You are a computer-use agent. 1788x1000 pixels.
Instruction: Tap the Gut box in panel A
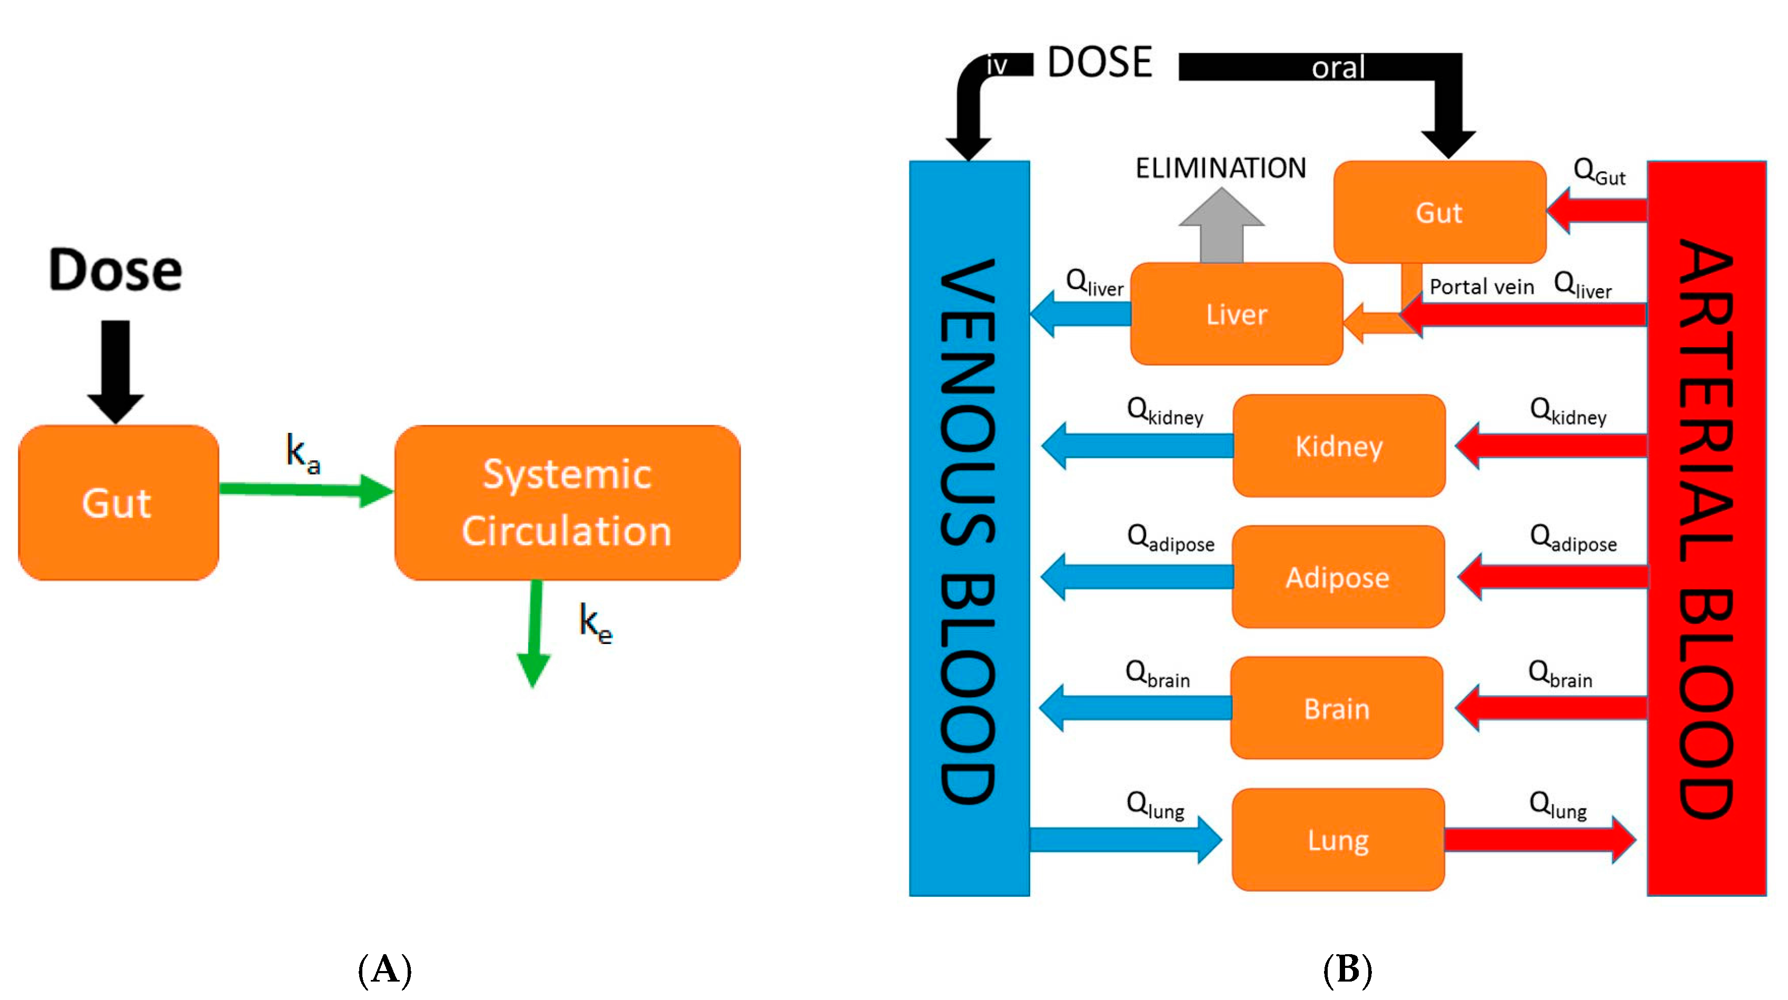(x=118, y=502)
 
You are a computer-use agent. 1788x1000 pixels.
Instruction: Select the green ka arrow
(x=305, y=490)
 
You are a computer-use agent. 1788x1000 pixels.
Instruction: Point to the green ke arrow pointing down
(x=534, y=631)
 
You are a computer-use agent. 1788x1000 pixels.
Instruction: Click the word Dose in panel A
(x=115, y=271)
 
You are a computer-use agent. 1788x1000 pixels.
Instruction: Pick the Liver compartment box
(x=1236, y=314)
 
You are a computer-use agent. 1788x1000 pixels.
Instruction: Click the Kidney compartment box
(x=1338, y=445)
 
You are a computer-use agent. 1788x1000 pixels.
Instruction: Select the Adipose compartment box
(x=1338, y=577)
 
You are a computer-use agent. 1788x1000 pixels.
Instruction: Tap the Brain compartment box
(x=1336, y=708)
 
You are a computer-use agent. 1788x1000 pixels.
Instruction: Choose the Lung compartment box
(x=1338, y=840)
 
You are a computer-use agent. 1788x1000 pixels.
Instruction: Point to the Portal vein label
(x=1481, y=286)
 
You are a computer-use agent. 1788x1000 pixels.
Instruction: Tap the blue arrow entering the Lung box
(x=1124, y=840)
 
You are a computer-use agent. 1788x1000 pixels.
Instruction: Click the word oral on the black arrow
(x=1338, y=68)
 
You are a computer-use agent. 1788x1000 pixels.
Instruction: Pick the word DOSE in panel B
(x=1100, y=63)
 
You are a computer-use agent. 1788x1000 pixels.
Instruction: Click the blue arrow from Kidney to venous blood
(x=1138, y=445)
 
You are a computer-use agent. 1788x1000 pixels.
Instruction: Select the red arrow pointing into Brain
(x=1552, y=708)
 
